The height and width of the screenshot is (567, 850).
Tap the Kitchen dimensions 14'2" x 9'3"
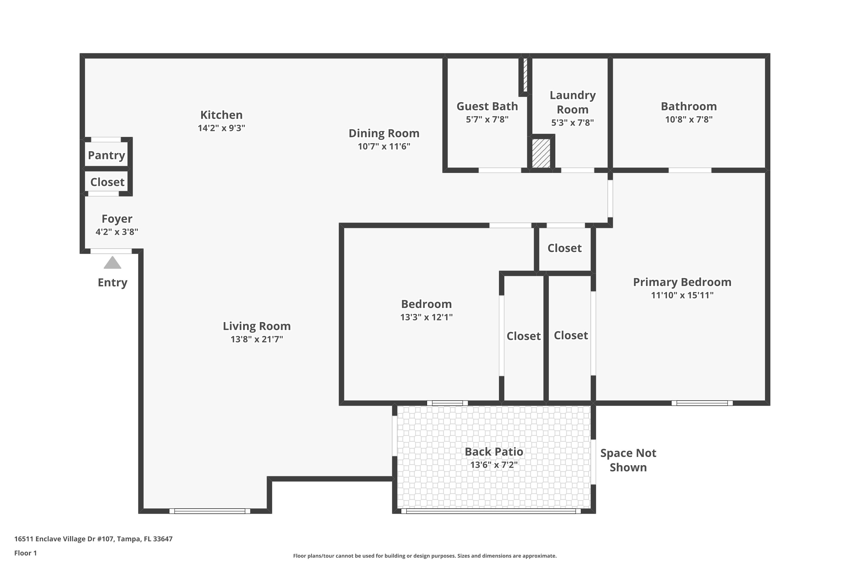[221, 128]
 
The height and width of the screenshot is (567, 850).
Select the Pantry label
[106, 155]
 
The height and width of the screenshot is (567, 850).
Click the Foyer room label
[117, 219]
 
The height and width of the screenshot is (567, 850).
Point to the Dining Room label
[384, 134]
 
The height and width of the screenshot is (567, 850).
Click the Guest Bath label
[487, 106]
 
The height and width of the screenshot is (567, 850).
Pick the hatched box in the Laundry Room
[541, 153]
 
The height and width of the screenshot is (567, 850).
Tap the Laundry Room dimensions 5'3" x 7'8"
[572, 122]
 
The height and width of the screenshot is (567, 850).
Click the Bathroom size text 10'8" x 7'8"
[688, 119]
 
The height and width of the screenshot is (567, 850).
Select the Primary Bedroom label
[682, 282]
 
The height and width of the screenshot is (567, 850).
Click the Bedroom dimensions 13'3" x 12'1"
[426, 317]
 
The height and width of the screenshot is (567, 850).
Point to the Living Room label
[257, 326]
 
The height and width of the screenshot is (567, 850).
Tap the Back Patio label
[494, 452]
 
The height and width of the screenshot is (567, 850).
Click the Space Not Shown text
[628, 460]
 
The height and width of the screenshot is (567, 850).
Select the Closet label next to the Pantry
[107, 182]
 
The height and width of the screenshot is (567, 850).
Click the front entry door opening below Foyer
[111, 251]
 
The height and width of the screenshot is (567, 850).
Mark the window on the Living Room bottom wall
[210, 511]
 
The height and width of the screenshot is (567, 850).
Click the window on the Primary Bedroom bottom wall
[702, 403]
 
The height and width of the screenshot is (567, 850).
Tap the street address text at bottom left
[93, 539]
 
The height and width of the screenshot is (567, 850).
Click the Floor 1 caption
[25, 553]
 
